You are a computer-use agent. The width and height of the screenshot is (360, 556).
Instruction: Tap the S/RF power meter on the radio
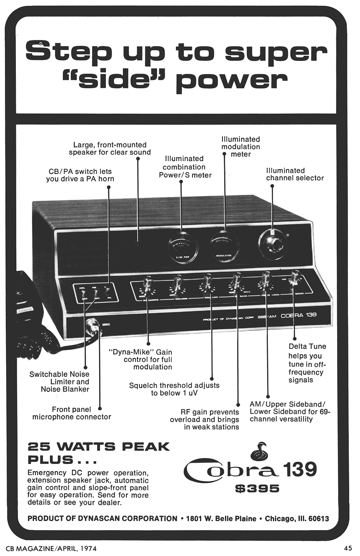click(182, 248)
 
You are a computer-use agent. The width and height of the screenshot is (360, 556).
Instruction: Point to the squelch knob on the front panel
click(207, 283)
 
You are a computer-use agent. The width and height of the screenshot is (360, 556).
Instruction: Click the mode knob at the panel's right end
click(295, 278)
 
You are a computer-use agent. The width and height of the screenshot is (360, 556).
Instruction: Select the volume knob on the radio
click(177, 284)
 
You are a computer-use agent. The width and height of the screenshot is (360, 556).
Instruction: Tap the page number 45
click(348, 548)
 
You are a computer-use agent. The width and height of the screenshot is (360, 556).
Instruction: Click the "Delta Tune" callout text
click(307, 347)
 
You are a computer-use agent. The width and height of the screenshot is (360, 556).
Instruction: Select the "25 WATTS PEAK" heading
click(99, 447)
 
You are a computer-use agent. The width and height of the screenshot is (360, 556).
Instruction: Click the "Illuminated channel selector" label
click(295, 174)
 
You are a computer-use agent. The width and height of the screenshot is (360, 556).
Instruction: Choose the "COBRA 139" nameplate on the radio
click(298, 315)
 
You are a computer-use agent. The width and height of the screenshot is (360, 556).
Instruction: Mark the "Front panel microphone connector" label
click(72, 413)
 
